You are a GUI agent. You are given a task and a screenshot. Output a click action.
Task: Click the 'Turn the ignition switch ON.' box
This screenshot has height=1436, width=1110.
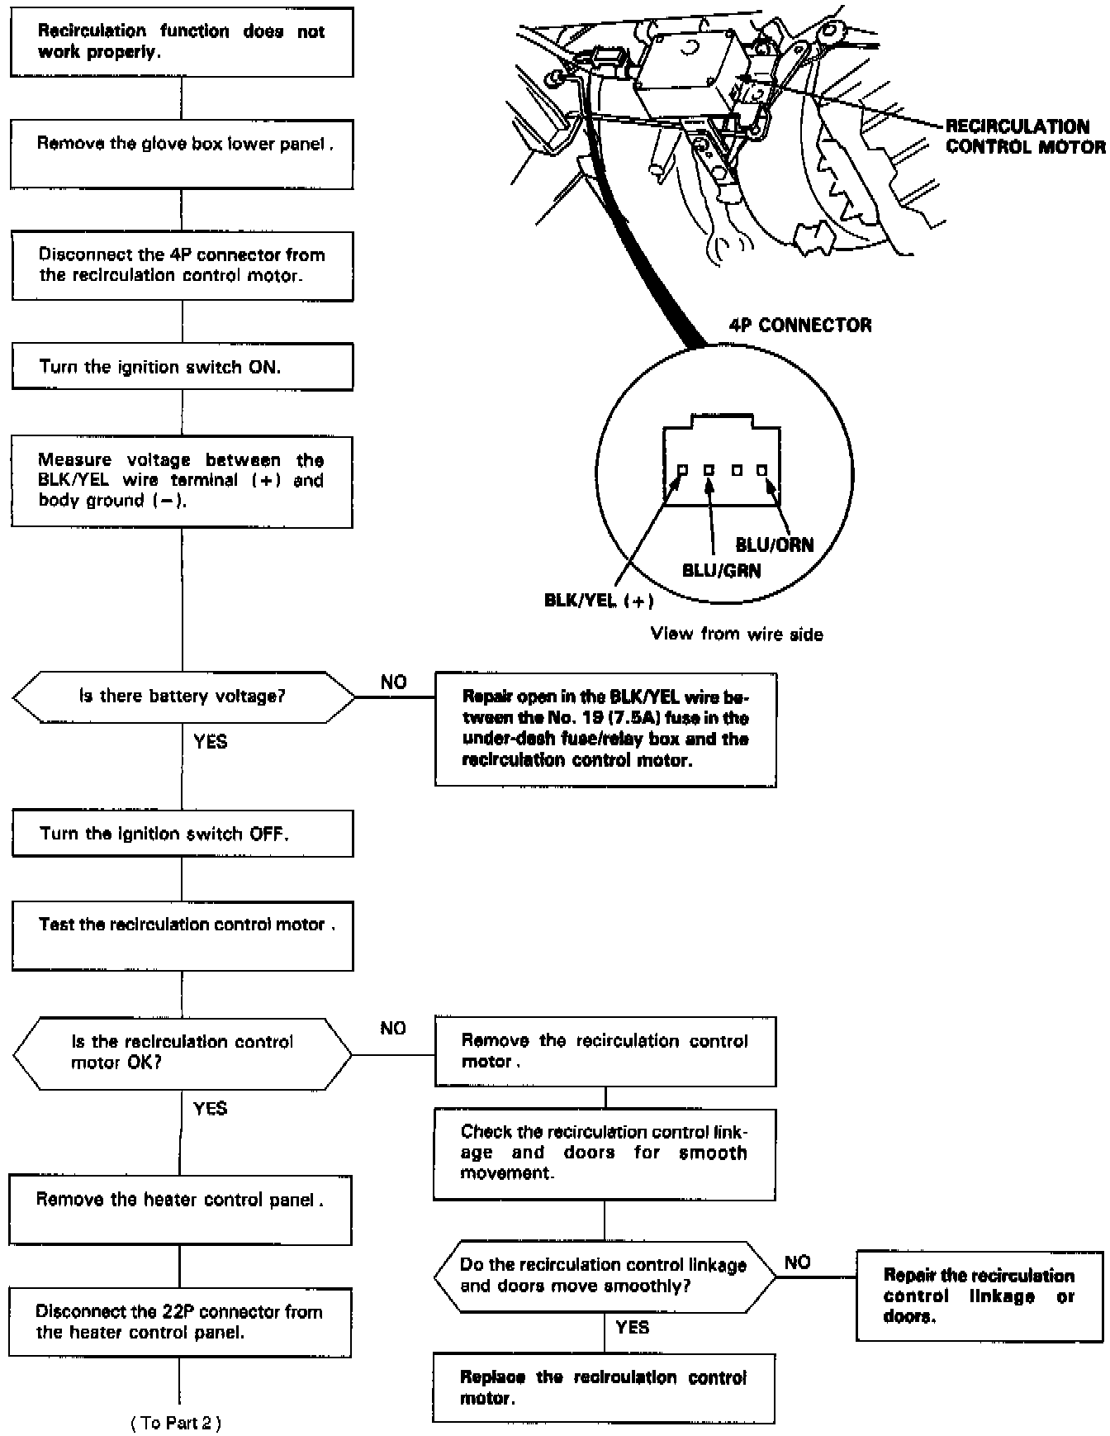182,367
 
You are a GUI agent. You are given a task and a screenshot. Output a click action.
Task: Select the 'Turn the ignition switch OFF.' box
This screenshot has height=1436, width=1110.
182,833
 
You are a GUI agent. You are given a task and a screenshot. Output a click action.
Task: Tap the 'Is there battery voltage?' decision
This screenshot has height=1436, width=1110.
183,697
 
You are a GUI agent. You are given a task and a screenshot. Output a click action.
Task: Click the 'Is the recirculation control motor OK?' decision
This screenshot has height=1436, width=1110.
183,1053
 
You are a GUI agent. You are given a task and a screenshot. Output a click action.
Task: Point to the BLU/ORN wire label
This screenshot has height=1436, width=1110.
774,545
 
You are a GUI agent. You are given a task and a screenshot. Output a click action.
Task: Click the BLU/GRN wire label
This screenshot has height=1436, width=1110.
721,570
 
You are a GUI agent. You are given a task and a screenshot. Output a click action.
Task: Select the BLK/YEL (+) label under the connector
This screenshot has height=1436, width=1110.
599,601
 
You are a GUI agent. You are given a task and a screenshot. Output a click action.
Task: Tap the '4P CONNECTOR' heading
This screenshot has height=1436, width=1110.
799,325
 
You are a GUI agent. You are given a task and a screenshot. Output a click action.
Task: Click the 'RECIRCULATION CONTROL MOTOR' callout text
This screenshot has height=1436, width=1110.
1024,137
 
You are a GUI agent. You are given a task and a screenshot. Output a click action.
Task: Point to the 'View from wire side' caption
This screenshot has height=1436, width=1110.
737,634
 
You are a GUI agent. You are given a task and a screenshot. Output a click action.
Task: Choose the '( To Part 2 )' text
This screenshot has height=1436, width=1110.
176,1422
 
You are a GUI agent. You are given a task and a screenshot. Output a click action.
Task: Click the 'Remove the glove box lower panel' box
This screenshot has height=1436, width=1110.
182,154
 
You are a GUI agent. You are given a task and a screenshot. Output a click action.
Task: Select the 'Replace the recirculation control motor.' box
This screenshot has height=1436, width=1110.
604,1387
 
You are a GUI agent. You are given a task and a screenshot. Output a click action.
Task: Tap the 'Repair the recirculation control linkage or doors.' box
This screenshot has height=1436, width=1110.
980,1296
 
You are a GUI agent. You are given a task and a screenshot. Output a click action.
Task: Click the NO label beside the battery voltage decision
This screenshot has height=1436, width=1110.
393,682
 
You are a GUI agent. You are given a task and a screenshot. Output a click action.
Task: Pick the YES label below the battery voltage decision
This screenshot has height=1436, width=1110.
210,742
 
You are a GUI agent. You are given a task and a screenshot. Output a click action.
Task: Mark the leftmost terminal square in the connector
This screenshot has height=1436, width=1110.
682,470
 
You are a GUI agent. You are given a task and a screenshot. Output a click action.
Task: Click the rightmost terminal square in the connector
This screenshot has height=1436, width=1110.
761,470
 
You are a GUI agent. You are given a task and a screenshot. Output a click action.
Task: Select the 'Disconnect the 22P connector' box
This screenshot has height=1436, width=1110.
180,1322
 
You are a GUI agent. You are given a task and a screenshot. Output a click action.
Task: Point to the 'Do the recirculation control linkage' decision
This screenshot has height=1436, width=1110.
604,1275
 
